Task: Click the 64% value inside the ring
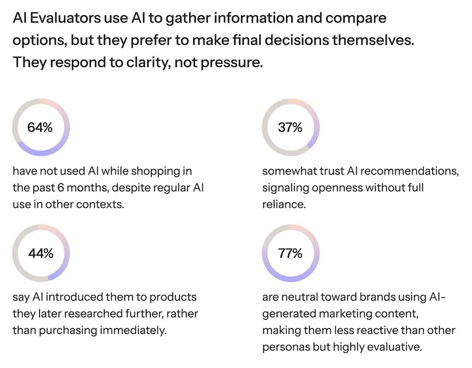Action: pyautogui.click(x=40, y=127)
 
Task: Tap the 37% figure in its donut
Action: pyautogui.click(x=290, y=127)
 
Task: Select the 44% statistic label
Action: pyautogui.click(x=40, y=253)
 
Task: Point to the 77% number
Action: pyautogui.click(x=290, y=253)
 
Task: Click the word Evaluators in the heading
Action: pyautogui.click(x=66, y=18)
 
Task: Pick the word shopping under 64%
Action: pyautogui.click(x=153, y=172)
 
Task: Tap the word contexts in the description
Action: pyautogui.click(x=100, y=205)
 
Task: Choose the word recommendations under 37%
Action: pyautogui.click(x=410, y=171)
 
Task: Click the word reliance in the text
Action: pyautogui.click(x=284, y=205)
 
